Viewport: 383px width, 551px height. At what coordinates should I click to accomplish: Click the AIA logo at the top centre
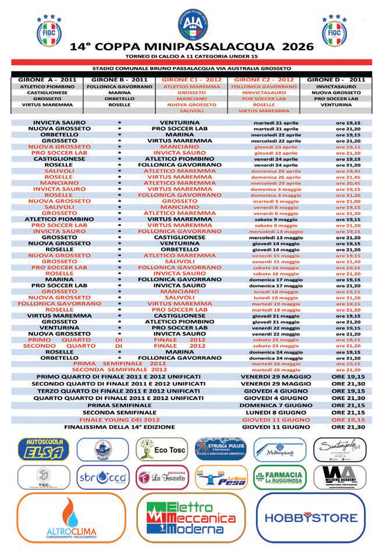191,25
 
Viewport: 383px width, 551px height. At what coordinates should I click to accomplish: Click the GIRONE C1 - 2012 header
191,79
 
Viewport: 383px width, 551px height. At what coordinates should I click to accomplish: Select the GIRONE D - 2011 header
336,79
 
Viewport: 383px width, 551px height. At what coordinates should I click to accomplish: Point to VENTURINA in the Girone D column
336,104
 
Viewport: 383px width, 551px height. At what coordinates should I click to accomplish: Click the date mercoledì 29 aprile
275,182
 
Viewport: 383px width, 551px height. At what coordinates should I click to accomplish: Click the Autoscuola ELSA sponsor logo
44,449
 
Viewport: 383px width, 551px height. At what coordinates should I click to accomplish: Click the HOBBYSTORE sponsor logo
312,518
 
